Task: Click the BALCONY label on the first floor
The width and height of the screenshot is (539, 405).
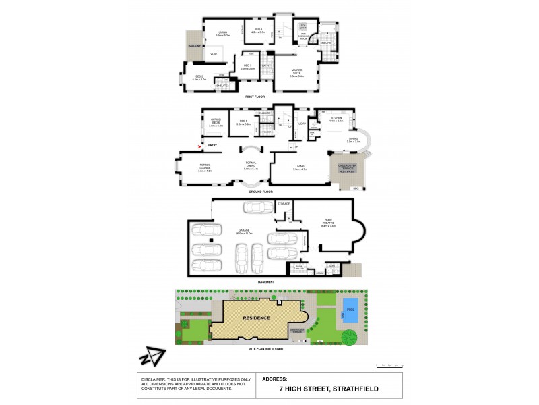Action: point(195,47)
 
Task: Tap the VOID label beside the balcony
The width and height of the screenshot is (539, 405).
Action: point(214,53)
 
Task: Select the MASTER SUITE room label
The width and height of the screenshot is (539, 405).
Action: point(297,74)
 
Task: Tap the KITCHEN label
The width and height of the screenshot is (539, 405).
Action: point(336,119)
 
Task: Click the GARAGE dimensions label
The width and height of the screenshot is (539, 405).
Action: point(243,232)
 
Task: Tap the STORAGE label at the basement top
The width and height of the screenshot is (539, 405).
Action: point(284,203)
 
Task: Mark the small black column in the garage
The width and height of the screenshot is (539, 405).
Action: point(211,240)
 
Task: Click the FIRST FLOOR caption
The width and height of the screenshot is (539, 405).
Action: point(254,97)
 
